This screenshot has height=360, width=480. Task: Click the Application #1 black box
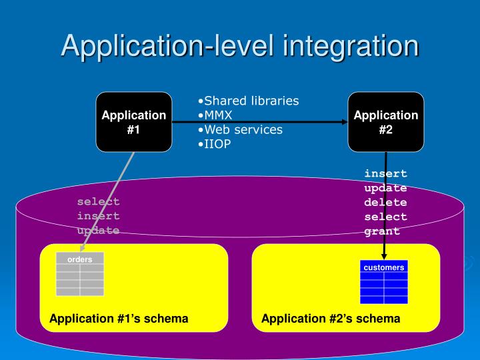(133, 122)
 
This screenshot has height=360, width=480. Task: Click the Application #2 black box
(385, 122)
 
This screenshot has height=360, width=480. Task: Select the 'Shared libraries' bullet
(248, 101)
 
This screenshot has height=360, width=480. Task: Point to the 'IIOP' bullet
(214, 143)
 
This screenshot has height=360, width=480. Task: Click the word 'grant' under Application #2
(382, 231)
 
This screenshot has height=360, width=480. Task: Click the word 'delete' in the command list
(385, 202)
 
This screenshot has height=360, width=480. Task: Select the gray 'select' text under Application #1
(98, 201)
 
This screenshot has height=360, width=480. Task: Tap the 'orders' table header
(80, 259)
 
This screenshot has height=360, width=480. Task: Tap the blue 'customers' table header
(383, 267)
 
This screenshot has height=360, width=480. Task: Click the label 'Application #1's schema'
(119, 319)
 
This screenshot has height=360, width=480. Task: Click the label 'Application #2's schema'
(331, 319)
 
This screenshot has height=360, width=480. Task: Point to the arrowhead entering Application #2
(345, 122)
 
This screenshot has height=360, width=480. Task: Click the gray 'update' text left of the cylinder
(98, 231)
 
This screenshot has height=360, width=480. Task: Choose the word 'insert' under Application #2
(385, 173)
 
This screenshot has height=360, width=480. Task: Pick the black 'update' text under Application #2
(385, 188)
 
